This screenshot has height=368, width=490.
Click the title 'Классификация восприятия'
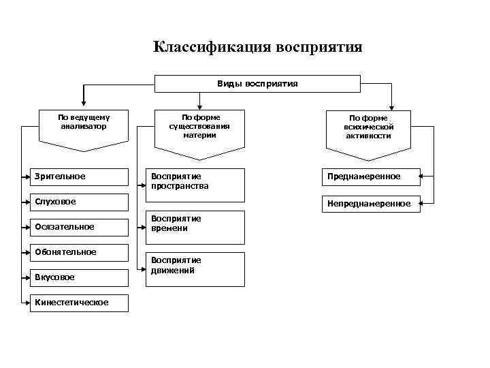pos(257,47)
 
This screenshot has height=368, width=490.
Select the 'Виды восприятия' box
pos(257,83)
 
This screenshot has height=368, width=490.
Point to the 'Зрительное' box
pos(80,177)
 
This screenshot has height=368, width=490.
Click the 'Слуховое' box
pos(80,202)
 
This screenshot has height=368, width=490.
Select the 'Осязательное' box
pos(80,227)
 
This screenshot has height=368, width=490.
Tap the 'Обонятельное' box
pos(80,252)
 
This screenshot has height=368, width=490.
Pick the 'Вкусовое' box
pos(80,277)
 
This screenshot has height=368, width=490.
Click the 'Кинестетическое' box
pos(80,303)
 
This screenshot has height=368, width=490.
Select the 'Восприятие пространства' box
pos(197,185)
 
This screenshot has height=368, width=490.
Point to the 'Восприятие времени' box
pos(197,227)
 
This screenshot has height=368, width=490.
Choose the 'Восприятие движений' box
pos(197,269)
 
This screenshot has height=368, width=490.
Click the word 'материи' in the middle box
pos(199,134)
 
